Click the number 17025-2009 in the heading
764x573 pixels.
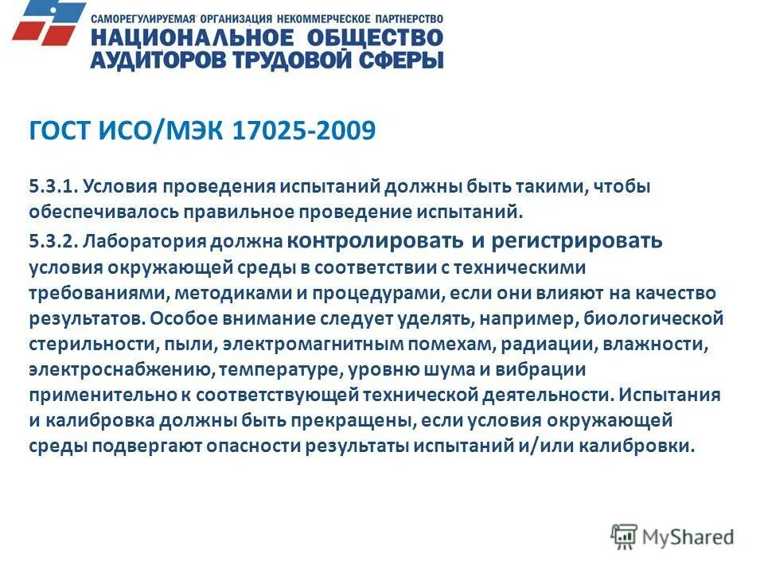click(x=303, y=131)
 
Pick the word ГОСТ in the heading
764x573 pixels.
click(x=60, y=131)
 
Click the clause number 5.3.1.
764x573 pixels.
click(x=52, y=187)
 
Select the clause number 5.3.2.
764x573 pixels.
click(x=52, y=240)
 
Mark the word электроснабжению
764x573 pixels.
click(x=120, y=370)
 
